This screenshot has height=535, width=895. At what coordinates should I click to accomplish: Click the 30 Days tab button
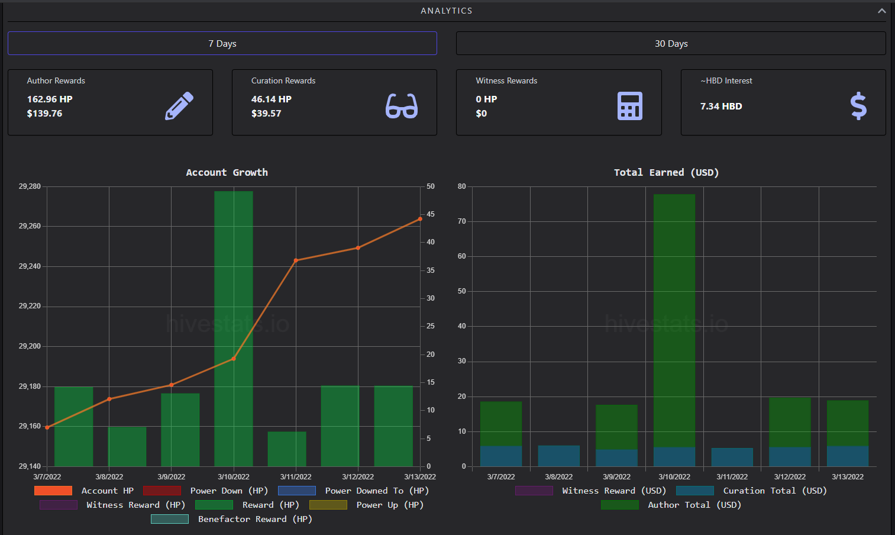[x=671, y=43]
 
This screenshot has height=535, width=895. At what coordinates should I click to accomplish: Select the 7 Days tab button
[x=222, y=43]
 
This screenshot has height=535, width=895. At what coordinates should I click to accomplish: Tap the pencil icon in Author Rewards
[x=179, y=106]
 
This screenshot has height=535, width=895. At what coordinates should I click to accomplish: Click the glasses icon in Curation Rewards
[x=402, y=106]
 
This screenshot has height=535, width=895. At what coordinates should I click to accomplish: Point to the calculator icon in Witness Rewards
[x=630, y=106]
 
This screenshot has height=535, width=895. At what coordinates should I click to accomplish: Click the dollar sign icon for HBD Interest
[x=858, y=106]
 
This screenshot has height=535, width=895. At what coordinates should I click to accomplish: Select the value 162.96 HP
[x=50, y=99]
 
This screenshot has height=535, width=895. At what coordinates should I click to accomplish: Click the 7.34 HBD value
[x=721, y=107]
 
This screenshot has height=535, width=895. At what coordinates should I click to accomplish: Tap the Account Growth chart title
[x=227, y=172]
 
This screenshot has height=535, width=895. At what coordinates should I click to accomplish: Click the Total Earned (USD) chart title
[x=667, y=172]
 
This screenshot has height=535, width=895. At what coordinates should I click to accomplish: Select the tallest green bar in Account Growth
[x=234, y=328]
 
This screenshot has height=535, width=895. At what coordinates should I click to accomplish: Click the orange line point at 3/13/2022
[x=420, y=219]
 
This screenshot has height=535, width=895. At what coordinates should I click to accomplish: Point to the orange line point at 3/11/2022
[x=296, y=261]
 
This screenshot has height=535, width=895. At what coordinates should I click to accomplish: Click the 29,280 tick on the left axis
[x=30, y=186]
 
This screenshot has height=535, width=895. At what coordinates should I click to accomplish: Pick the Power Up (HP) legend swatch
[x=328, y=505]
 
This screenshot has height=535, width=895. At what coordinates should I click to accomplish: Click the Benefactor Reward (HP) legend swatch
[x=170, y=519]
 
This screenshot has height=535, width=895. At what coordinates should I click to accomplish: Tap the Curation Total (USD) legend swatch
[x=695, y=491]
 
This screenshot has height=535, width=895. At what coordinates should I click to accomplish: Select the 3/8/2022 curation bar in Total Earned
[x=558, y=456]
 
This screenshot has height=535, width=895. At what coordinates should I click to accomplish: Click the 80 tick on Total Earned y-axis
[x=462, y=186]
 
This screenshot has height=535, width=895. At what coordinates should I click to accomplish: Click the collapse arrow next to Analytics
[x=882, y=11]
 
